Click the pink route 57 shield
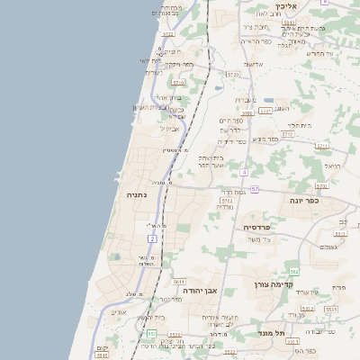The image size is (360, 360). coord(255,189)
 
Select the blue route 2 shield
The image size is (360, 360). coord(152,238)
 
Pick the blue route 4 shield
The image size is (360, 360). coord(243,171)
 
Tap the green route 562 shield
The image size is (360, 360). coord(293,271)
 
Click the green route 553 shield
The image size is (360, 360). coord(152,334)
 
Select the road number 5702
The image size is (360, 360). coord(227,201)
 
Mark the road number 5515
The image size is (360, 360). coord(331,308)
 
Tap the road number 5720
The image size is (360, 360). coord(233,74)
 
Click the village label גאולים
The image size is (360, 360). coord(328,247)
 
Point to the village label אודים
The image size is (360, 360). coord(118,312)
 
